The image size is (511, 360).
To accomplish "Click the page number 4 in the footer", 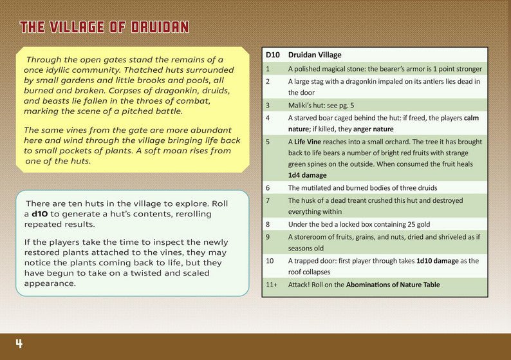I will (x=19, y=344).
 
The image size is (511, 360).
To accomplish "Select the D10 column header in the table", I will (x=272, y=55).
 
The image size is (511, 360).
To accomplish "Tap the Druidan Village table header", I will (x=315, y=55).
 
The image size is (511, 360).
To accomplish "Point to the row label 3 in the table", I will (x=268, y=104).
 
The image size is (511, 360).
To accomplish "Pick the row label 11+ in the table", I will (x=272, y=285).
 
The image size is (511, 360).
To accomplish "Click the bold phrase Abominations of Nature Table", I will (x=393, y=285).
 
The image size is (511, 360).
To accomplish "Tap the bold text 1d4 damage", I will (x=307, y=175).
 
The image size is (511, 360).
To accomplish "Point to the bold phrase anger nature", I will (x=374, y=129).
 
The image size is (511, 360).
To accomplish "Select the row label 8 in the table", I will (x=268, y=224).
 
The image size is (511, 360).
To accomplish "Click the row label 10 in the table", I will (x=270, y=261).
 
